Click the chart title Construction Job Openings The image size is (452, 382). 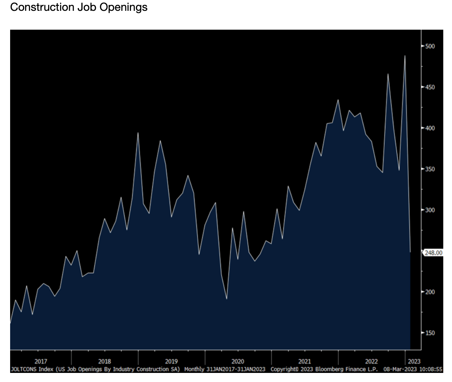pos(79,7)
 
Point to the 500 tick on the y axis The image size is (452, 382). pos(430,46)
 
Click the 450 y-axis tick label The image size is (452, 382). pos(430,87)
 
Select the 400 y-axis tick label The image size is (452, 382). pos(430,128)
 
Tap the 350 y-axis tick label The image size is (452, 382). pos(430,169)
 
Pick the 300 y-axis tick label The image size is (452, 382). pos(430,210)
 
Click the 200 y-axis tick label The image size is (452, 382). pos(430,292)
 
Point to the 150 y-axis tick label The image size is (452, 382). pos(430,333)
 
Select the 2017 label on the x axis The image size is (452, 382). pos(41,361)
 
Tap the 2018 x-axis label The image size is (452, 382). pos(104,361)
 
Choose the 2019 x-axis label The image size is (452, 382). pos(171,361)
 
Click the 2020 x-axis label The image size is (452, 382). pos(238,361)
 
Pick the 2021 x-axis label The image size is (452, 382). pos(305,361)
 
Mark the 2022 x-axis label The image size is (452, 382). pos(371,361)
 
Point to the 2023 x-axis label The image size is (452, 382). pos(414,361)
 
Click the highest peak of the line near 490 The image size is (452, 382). pos(405,56)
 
